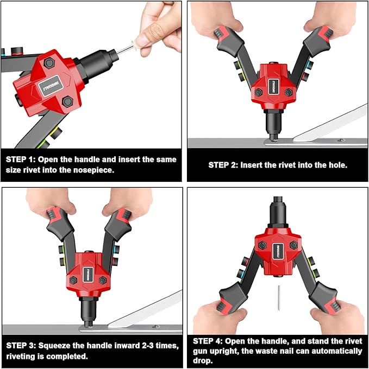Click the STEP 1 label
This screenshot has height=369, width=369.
point(22,160)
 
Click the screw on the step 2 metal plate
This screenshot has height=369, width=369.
point(341,139)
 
